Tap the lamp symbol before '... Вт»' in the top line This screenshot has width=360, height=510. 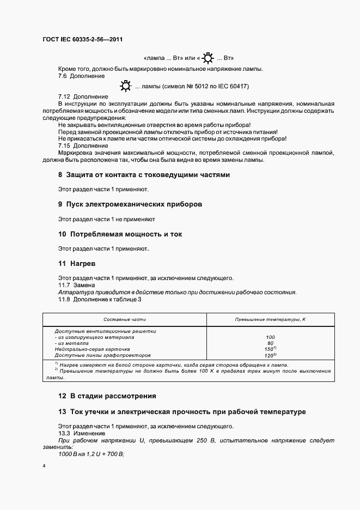[x=207, y=57]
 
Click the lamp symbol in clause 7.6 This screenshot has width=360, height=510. [x=126, y=86]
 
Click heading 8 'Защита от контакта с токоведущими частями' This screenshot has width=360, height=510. [x=144, y=175]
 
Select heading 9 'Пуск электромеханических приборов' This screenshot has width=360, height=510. [x=130, y=204]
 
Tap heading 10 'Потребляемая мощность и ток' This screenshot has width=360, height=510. [x=120, y=234]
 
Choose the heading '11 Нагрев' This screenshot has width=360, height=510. [x=77, y=263]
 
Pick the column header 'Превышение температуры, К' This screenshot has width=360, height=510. [x=270, y=319]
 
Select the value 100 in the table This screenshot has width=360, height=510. [x=270, y=337]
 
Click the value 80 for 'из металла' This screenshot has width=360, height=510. [x=270, y=343]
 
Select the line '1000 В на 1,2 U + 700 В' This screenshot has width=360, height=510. [x=91, y=454]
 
